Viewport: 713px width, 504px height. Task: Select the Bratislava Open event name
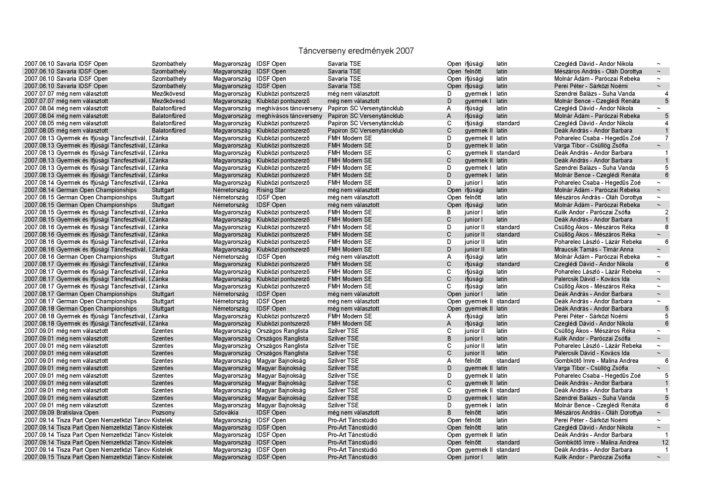[x=77, y=413]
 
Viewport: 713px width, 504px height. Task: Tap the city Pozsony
[x=163, y=413]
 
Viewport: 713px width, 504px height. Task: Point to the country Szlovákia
[x=226, y=413]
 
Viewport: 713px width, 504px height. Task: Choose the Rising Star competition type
[x=271, y=190]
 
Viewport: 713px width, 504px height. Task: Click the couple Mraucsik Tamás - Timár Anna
[x=594, y=249]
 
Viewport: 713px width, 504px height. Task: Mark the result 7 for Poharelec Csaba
[x=666, y=138]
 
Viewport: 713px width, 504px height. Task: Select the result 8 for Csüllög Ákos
[x=666, y=227]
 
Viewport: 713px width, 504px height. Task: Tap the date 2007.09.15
[x=39, y=457]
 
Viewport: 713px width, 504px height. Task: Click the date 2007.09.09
[x=39, y=413]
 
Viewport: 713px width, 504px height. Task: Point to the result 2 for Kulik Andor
[x=666, y=213]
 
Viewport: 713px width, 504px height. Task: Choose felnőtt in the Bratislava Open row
[x=473, y=413]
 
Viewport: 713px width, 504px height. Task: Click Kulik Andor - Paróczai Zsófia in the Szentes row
[x=592, y=338]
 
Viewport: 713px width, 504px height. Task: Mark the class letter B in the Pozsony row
[x=449, y=413]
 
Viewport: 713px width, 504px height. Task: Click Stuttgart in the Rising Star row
[x=163, y=190]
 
